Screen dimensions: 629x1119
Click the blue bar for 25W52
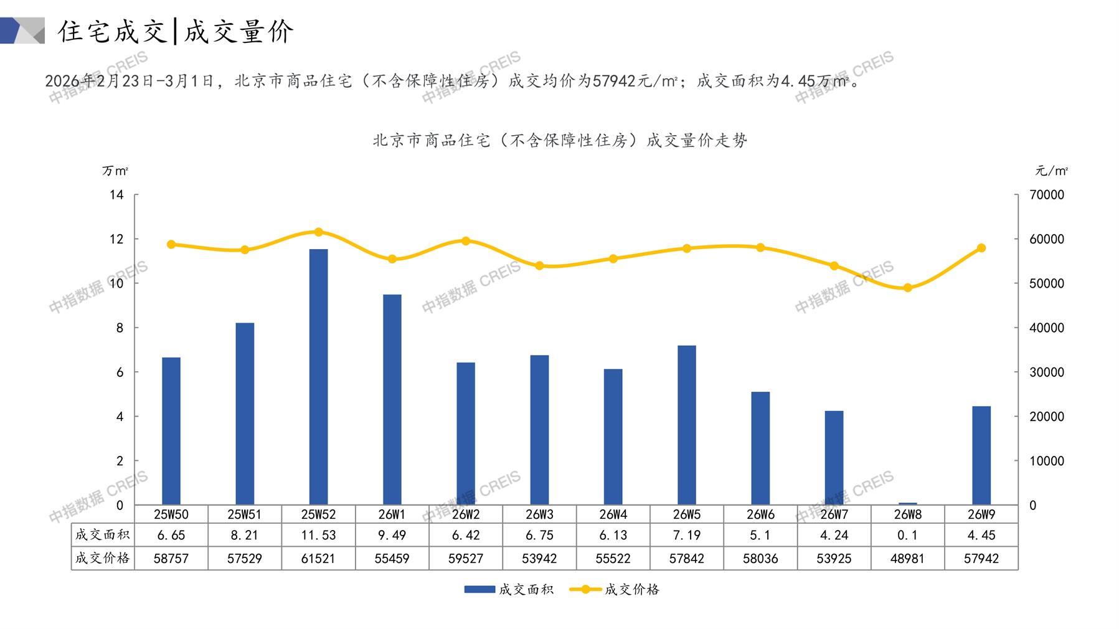pyautogui.click(x=318, y=377)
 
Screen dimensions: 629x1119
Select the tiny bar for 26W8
pyautogui.click(x=907, y=503)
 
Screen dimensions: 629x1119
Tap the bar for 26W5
pyautogui.click(x=686, y=425)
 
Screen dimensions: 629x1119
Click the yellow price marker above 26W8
pyautogui.click(x=907, y=288)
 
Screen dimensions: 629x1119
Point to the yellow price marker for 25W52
pyautogui.click(x=318, y=232)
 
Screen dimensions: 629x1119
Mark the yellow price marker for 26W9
pyautogui.click(x=981, y=248)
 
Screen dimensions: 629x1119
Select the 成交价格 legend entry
pyautogui.click(x=615, y=589)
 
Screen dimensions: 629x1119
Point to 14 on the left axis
pyautogui.click(x=116, y=195)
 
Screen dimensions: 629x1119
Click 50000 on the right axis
pyautogui.click(x=1046, y=283)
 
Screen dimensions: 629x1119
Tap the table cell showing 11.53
pyautogui.click(x=318, y=535)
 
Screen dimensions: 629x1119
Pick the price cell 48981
pyautogui.click(x=907, y=559)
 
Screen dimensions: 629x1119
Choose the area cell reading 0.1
pyautogui.click(x=907, y=535)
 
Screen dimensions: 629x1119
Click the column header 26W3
pyautogui.click(x=539, y=514)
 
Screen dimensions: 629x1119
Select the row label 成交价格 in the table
pyautogui.click(x=102, y=558)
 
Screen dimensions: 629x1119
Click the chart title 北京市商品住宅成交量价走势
pyautogui.click(x=559, y=140)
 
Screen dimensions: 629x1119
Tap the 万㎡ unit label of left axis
pyautogui.click(x=115, y=171)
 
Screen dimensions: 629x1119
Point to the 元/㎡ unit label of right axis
pyautogui.click(x=1051, y=171)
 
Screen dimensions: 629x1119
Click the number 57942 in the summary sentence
pyautogui.click(x=614, y=81)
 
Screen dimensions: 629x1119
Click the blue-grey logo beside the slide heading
pyautogui.click(x=22, y=31)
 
